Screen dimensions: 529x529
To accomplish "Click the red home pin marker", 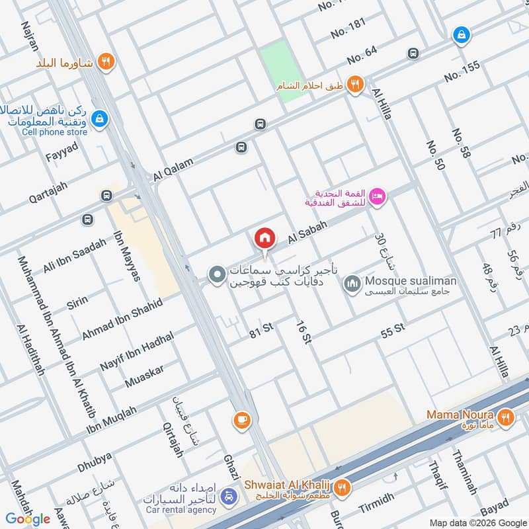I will (264, 237).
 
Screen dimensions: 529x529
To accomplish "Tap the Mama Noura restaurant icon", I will (506, 417).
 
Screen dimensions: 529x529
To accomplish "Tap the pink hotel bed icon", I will (377, 197).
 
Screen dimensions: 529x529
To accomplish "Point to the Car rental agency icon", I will (228, 496).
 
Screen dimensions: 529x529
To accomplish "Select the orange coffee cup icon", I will (241, 420).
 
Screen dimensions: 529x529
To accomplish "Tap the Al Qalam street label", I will (173, 169).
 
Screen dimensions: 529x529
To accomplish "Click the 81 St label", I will (261, 334).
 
